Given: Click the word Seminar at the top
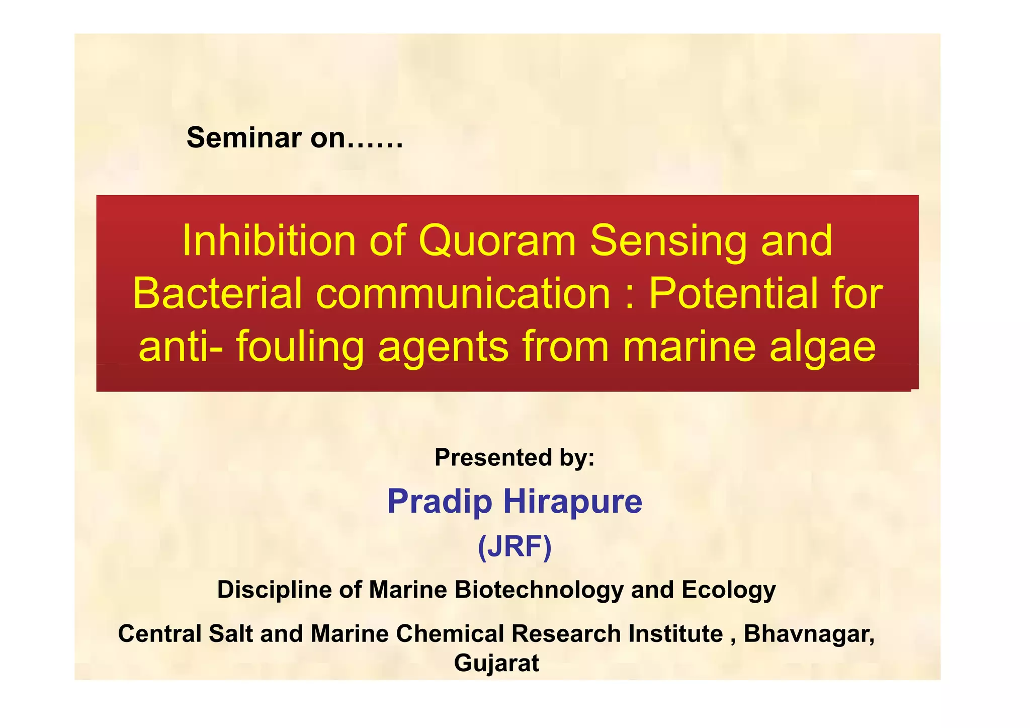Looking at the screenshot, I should pos(243,137).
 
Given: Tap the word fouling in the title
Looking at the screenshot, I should pos(300,347).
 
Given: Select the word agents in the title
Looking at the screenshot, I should pos(443,348).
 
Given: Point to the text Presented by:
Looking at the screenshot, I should pos(514,457).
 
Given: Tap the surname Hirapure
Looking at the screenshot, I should pos(573,502).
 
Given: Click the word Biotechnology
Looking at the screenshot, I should pos(539,590).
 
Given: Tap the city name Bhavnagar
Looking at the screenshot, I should pos(809,633).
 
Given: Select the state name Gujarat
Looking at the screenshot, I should pos(496,663).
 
